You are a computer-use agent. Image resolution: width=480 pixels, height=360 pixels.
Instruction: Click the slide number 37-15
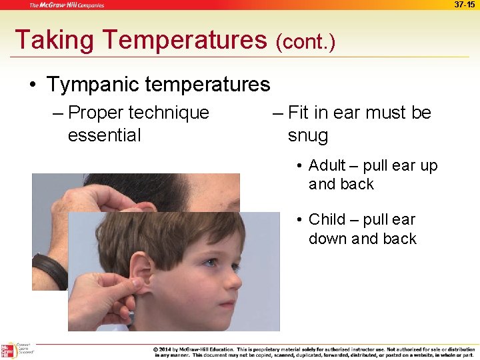[465, 5]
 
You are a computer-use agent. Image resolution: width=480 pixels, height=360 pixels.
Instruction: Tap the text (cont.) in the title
[305, 42]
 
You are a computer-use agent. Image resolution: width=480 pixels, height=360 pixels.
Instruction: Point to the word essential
[104, 135]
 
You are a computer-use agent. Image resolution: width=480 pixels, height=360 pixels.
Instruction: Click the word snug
[308, 136]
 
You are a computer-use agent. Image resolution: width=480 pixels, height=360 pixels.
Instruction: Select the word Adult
[327, 165]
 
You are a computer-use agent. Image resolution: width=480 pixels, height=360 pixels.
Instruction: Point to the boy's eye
[212, 263]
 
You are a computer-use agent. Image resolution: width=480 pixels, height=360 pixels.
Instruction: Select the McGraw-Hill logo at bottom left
[9, 351]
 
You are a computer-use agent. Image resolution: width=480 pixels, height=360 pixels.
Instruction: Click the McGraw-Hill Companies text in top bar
[66, 5]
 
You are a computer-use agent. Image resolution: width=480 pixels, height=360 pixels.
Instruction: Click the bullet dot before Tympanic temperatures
[32, 85]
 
